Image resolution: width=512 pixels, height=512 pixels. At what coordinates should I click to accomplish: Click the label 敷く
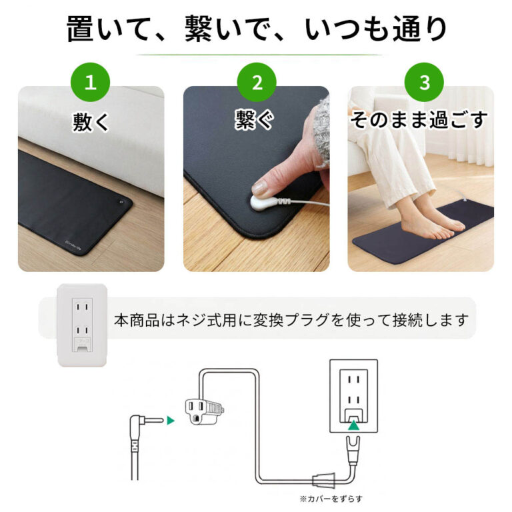[x=91, y=121]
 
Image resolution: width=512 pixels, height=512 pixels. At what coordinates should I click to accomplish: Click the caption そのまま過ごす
[x=419, y=120]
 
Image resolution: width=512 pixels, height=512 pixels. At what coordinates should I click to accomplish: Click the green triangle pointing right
[x=171, y=420]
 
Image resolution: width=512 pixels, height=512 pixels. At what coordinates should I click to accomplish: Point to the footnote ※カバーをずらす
[x=331, y=498]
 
